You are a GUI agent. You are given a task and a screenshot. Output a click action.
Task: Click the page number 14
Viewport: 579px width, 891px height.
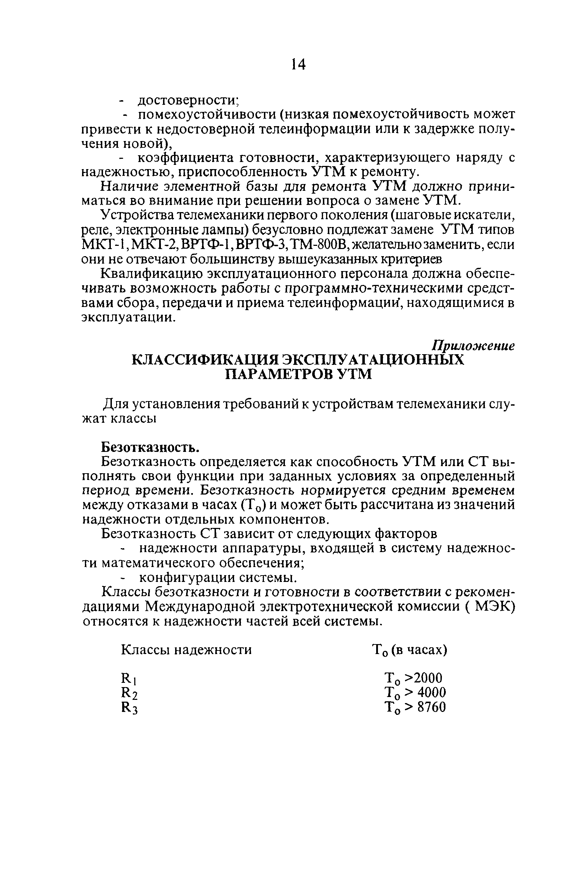point(298,65)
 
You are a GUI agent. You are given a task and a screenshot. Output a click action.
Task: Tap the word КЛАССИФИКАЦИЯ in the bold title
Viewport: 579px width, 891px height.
point(206,360)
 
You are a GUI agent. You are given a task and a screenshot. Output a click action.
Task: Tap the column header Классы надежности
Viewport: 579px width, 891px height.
point(186,649)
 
